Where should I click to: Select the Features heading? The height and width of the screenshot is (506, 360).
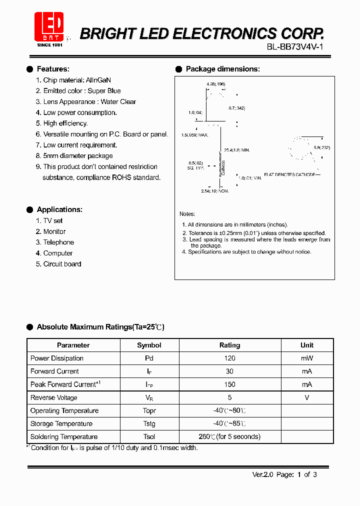[x=53, y=69]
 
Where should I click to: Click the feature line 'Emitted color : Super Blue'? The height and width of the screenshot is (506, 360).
[x=81, y=91]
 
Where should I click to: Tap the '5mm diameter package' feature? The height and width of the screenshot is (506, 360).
[x=77, y=156]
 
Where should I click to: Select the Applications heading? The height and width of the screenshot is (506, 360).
[x=59, y=209]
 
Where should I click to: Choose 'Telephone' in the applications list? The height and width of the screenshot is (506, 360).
[x=58, y=242]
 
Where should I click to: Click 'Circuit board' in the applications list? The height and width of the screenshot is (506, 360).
[x=62, y=264]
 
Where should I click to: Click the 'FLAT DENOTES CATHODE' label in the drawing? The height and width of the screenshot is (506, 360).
[x=290, y=174]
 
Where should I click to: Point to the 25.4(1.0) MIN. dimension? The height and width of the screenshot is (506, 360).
[x=237, y=150]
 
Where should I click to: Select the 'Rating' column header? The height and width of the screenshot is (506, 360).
[x=229, y=345]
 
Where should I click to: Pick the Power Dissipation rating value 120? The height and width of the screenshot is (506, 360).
[x=229, y=358]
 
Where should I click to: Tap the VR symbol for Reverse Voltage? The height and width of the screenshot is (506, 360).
[x=149, y=398]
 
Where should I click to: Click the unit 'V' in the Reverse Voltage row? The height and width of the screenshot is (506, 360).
[x=306, y=397]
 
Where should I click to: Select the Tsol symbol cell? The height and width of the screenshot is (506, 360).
[x=149, y=436]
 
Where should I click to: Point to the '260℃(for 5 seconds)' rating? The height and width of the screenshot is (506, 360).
[x=229, y=436]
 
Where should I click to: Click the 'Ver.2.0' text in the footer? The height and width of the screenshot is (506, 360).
[x=262, y=475]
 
